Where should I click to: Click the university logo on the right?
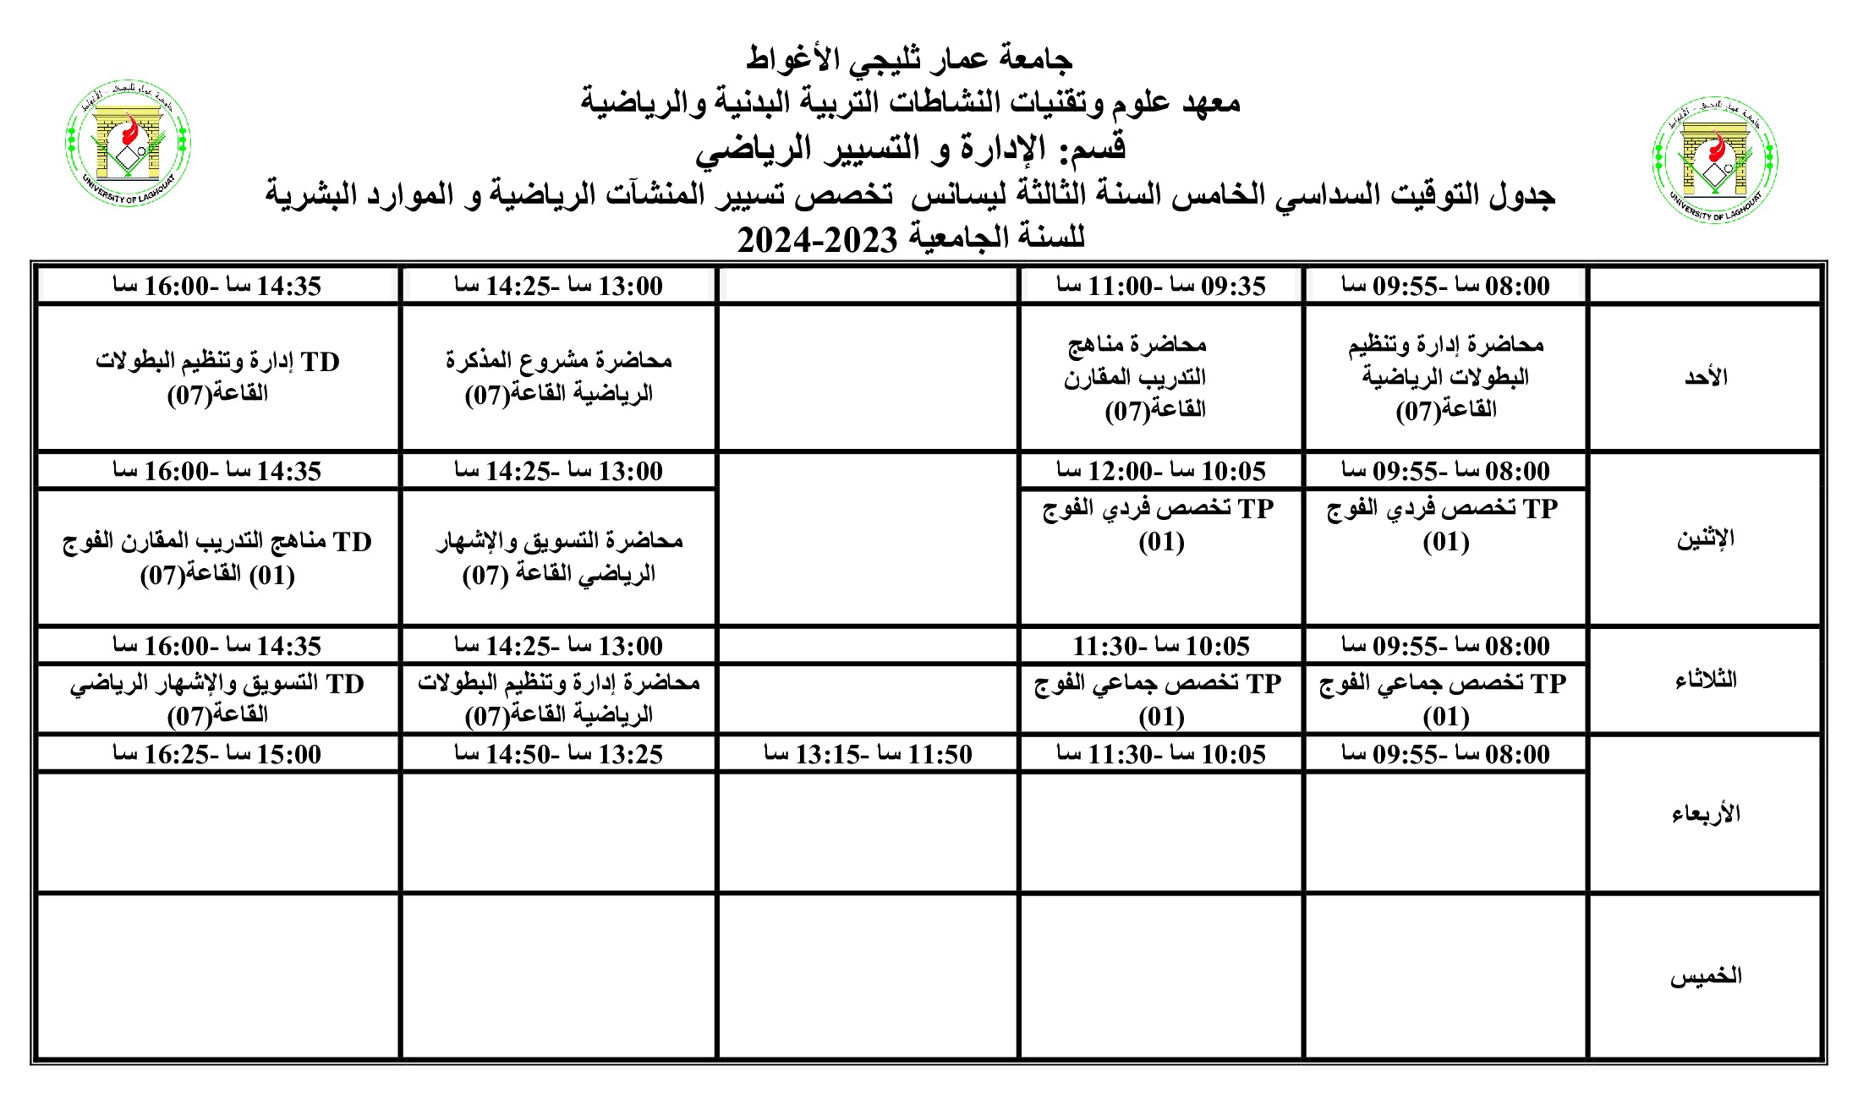[1715, 160]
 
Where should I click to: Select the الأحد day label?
[1705, 377]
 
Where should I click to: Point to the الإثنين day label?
[1705, 539]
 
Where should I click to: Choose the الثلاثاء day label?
[1705, 680]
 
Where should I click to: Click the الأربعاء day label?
[1705, 813]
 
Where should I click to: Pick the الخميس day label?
[1705, 976]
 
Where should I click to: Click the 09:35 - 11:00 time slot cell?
[1160, 286]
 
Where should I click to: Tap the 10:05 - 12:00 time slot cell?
[1160, 471]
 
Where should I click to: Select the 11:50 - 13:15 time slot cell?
[868, 754]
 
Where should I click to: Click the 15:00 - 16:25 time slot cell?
[217, 754]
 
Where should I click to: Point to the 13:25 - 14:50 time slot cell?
[558, 754]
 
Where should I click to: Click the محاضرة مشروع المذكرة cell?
[558, 377]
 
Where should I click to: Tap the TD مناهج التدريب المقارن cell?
[217, 557]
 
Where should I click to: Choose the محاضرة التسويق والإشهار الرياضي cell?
[558, 557]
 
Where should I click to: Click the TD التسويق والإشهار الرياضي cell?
[217, 698]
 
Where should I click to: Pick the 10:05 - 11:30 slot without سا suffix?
[1160, 646]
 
